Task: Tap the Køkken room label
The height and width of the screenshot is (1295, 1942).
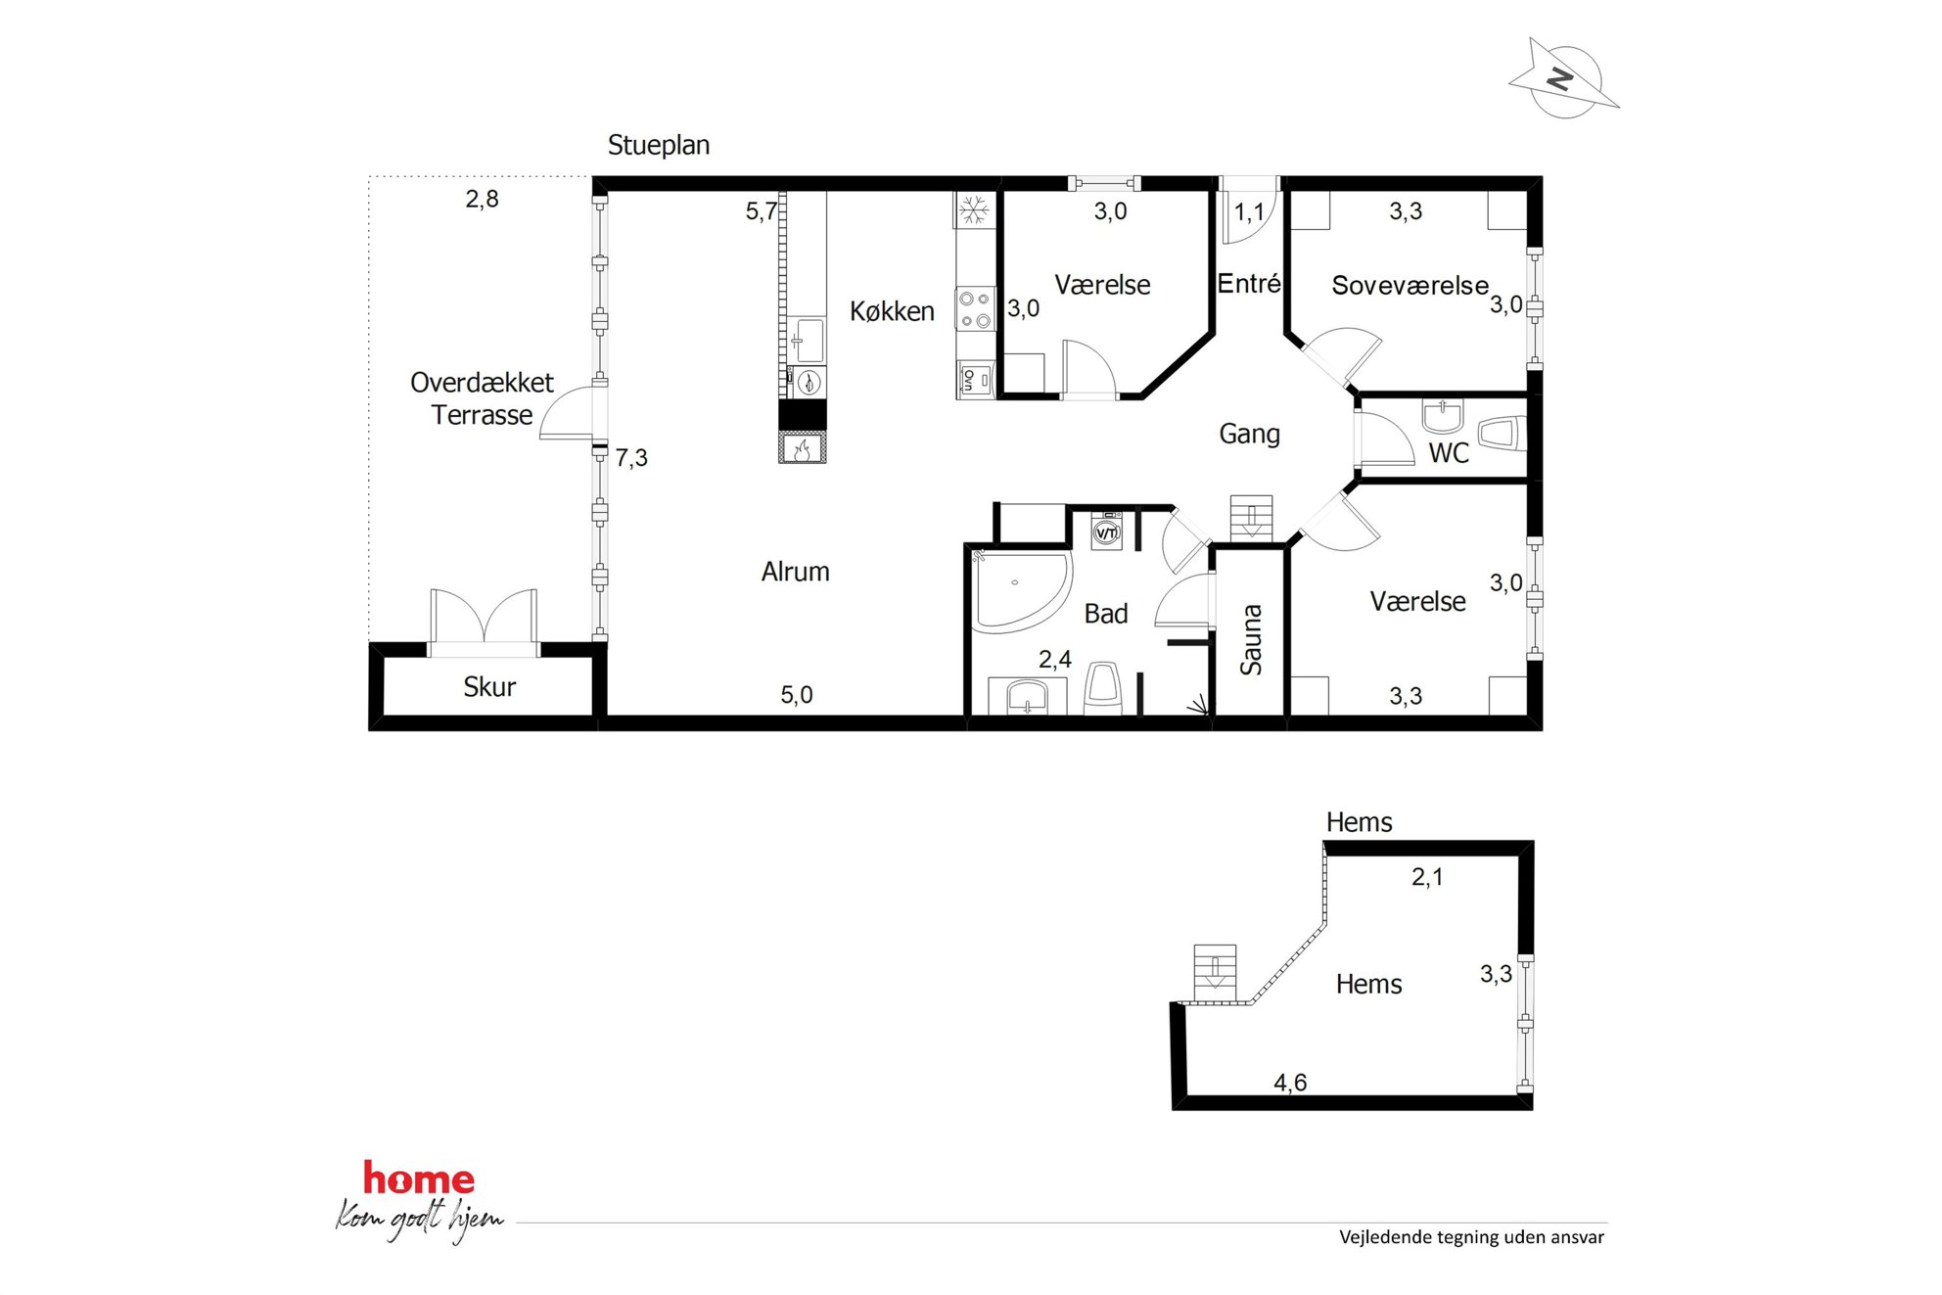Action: coord(892,311)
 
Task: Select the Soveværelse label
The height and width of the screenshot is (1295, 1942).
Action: coord(1410,286)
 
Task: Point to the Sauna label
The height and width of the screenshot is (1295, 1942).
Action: coord(1251,639)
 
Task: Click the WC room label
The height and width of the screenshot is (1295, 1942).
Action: coord(1449,453)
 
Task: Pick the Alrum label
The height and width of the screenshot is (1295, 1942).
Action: coord(795,572)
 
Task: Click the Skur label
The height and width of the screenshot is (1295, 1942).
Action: coord(489,687)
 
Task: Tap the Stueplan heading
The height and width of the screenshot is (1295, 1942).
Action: coord(659,145)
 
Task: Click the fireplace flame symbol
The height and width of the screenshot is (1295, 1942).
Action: coord(802,448)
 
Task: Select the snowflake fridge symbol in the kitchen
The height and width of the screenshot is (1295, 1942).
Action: coord(974,209)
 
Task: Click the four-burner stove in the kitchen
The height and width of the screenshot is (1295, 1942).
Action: coord(975,308)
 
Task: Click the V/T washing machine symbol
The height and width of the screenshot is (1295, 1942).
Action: coord(1106,532)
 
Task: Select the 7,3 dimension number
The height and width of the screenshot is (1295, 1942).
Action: coord(631,458)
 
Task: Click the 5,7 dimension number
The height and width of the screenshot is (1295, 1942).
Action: coord(762,211)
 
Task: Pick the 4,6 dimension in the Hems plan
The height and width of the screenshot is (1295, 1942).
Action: coord(1290,1083)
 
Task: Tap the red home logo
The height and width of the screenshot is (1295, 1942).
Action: coord(419,1179)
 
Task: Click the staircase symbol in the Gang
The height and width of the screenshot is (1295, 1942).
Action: coord(1251,518)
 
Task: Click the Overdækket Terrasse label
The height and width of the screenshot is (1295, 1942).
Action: coord(482,398)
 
